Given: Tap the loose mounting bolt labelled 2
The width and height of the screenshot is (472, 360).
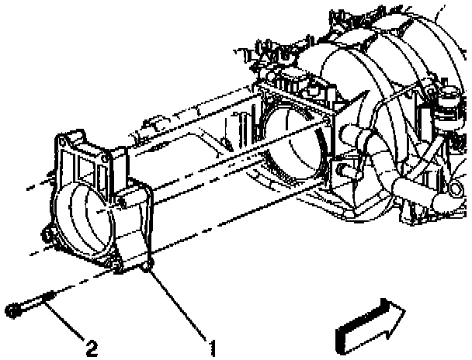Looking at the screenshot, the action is (x=31, y=303).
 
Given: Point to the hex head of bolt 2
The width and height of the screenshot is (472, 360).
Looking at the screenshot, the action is (x=13, y=311).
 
